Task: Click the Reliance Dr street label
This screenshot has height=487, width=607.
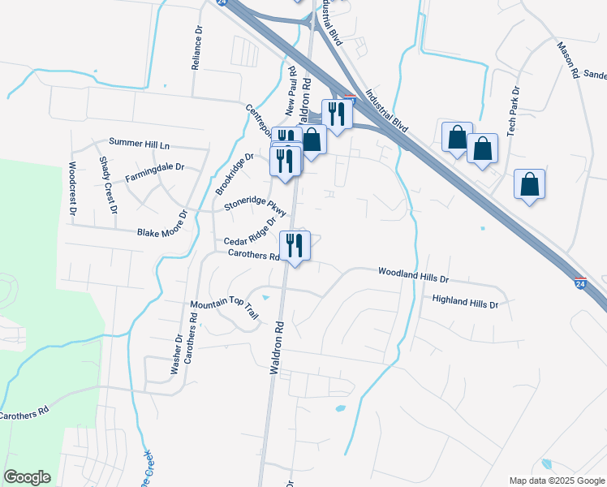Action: tap(197, 49)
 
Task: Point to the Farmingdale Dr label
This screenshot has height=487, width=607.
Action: tap(155, 171)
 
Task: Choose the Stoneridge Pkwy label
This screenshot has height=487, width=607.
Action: tap(256, 201)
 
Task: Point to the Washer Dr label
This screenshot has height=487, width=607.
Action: tap(176, 354)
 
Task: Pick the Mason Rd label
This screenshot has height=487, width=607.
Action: tap(568, 59)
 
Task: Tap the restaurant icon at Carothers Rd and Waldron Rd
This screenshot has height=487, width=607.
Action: tap(294, 244)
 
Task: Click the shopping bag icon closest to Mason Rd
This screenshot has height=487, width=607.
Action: tap(530, 184)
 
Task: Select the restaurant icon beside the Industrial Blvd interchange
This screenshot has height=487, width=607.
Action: tap(336, 114)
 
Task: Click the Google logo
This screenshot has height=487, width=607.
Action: tap(27, 477)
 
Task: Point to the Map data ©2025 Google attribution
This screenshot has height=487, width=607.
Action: tap(556, 481)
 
